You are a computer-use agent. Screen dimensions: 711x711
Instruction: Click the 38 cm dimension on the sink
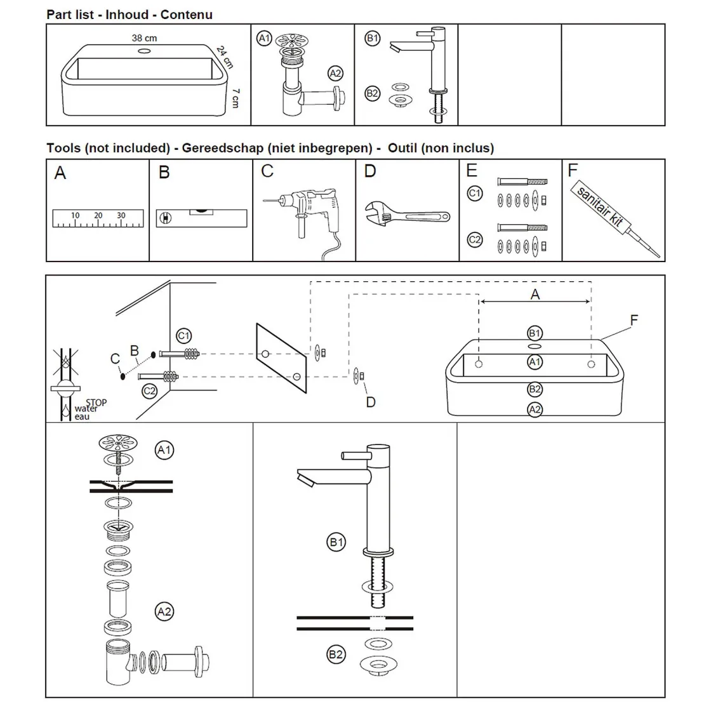coord(144,38)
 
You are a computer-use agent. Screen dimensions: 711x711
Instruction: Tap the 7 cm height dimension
coord(236,97)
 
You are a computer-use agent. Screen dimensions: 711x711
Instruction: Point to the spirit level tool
coord(201,218)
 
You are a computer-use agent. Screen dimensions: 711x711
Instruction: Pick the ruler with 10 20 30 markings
coord(98,219)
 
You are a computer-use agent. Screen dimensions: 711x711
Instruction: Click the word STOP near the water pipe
coord(96,402)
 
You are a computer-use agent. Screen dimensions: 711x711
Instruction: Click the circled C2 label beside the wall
coord(150,390)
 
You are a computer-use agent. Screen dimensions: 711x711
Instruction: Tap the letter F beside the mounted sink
coord(634,321)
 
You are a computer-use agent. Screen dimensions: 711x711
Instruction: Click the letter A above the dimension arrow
coord(535,294)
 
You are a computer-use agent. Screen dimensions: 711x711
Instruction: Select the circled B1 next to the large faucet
coord(336,542)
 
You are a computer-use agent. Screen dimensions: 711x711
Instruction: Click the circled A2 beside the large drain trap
coord(164,611)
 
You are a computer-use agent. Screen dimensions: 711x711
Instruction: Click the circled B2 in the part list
coord(373,94)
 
